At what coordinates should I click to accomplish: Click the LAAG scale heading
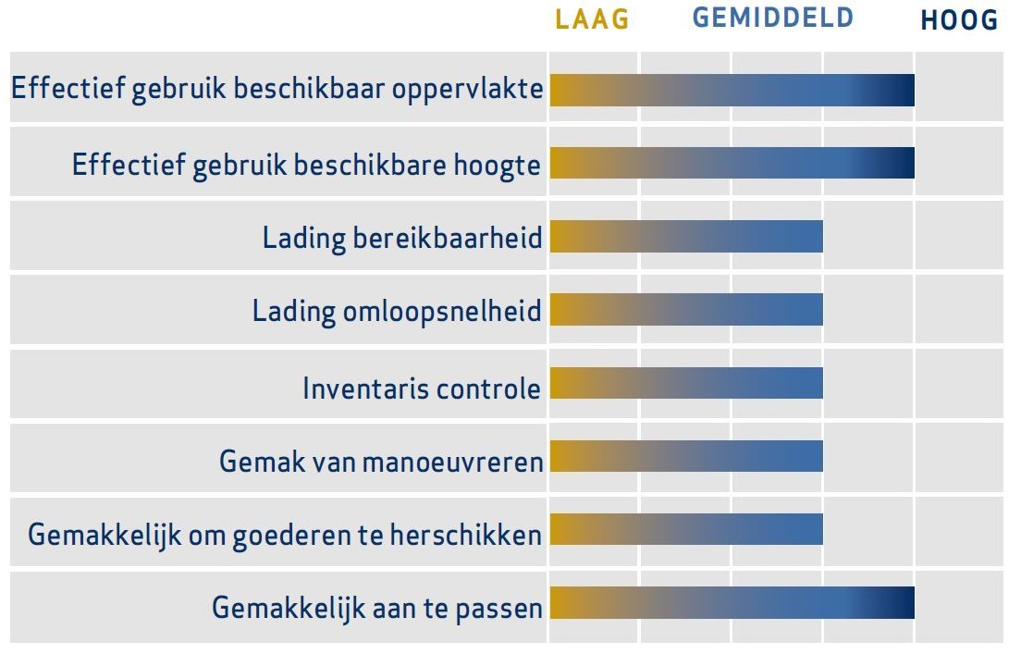[592, 19]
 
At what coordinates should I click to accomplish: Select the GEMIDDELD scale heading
[773, 18]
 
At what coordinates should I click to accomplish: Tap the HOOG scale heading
[959, 20]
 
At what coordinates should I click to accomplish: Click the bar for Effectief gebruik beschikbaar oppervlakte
[732, 90]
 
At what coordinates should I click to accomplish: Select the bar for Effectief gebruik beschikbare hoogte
[732, 163]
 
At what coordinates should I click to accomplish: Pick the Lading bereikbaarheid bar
[686, 237]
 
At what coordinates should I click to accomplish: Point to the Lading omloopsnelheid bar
[686, 309]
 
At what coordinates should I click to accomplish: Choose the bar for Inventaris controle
[686, 383]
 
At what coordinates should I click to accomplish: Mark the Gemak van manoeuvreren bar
[686, 456]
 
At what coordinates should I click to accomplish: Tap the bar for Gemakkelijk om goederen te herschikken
[686, 529]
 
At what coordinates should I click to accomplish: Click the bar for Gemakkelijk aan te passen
[732, 602]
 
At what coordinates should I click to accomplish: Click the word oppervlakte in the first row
[468, 90]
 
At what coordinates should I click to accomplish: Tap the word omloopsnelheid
[442, 312]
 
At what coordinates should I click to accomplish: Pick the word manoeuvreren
[452, 463]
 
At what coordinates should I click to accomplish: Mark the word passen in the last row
[498, 610]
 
